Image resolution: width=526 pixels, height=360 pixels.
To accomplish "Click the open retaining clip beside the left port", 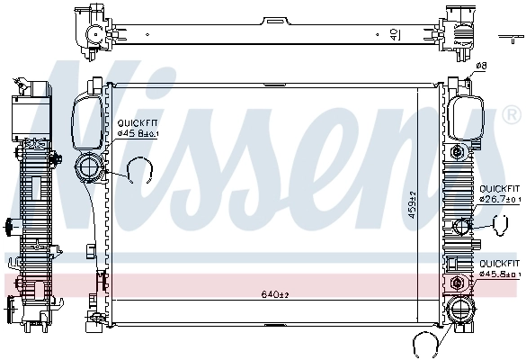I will point(138,169).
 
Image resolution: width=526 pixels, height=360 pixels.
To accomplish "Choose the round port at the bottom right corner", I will point(461,311).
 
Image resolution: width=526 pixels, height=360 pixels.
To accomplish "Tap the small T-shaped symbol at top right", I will point(505,38).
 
